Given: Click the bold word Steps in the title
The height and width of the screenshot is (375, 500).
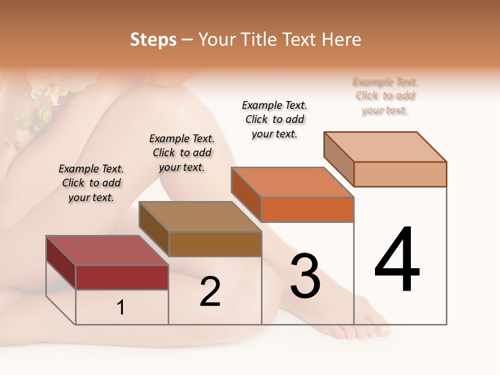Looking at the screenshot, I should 153,40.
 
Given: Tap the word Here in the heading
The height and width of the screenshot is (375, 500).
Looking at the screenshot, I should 342,40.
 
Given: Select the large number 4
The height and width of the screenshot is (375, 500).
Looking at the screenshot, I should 397,260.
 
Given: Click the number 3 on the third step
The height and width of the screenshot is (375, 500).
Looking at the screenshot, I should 305,276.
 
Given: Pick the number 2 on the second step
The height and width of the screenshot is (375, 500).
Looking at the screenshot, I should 210,292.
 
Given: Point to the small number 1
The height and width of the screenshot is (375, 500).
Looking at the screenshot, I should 121,307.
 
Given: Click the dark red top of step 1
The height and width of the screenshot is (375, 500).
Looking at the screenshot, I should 107,251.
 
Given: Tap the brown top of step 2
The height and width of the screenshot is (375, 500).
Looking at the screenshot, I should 200,217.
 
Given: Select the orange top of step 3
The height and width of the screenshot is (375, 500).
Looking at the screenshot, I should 292,182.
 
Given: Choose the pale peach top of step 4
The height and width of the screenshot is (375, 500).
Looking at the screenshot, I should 385,147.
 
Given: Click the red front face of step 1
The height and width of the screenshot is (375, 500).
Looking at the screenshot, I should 122,277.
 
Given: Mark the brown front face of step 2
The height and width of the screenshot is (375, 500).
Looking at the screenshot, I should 215,244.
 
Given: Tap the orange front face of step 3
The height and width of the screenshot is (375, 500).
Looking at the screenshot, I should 307,210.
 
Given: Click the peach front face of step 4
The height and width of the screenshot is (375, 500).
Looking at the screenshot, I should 400,174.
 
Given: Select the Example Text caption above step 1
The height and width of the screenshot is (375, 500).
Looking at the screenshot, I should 91,183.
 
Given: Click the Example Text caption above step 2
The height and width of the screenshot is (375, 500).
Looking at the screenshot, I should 182,153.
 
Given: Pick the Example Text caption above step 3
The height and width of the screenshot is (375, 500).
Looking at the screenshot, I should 274,119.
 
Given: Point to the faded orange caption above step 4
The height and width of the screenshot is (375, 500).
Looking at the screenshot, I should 385,96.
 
